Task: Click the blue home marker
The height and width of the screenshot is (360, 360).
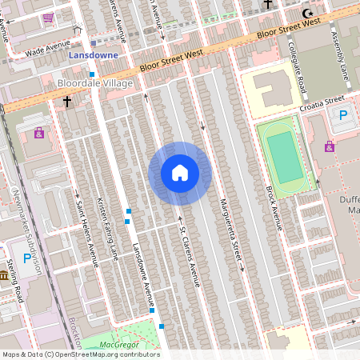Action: pyautogui.click(x=179, y=172)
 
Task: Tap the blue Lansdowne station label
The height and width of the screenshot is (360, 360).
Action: pyautogui.click(x=94, y=55)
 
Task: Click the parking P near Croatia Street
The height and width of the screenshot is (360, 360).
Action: pyautogui.click(x=343, y=116)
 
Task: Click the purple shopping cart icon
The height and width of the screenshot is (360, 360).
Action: pyautogui.click(x=48, y=17)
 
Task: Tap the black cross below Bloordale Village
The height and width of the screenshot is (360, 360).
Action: pyautogui.click(x=67, y=102)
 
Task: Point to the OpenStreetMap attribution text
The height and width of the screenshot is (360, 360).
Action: pyautogui.click(x=80, y=354)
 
